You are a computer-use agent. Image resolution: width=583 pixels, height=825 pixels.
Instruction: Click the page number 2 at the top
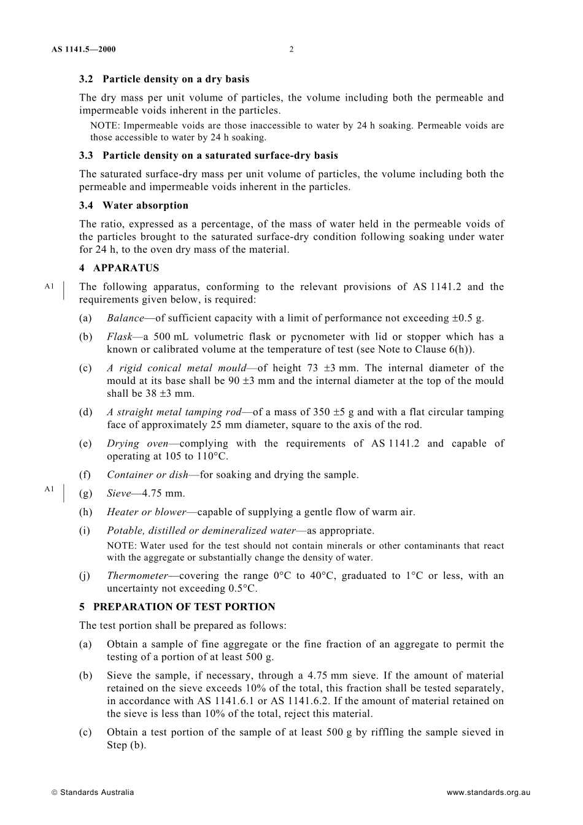tap(291, 50)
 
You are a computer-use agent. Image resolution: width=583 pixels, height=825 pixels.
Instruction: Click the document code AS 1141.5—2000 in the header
tap(84, 50)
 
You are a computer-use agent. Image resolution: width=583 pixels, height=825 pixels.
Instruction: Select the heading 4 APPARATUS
tap(119, 268)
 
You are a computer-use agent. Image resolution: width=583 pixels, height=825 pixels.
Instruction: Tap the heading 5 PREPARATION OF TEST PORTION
tap(177, 607)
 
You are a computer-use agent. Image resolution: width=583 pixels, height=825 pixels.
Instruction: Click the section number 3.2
tap(87, 79)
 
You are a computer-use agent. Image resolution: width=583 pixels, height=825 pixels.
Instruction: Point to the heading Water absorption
tap(145, 205)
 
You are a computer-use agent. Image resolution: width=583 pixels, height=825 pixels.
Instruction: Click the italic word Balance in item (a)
tap(125, 318)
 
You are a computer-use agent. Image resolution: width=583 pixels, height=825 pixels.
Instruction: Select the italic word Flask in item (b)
tap(119, 337)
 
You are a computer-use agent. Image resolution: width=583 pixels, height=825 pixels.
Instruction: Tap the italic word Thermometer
tap(137, 575)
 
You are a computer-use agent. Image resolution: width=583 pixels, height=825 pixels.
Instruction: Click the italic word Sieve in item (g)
tap(118, 493)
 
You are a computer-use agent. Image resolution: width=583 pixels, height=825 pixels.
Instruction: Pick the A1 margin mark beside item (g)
tap(50, 489)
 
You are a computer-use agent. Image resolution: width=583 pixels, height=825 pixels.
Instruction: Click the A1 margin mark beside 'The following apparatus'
tap(50, 286)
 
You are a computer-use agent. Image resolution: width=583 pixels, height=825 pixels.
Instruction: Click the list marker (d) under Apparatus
tap(86, 412)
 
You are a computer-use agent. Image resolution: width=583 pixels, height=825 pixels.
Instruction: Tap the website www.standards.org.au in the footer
tap(488, 792)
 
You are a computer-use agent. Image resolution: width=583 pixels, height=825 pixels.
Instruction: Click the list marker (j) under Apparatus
tap(85, 575)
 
